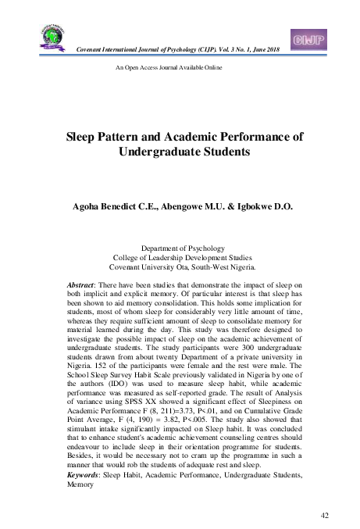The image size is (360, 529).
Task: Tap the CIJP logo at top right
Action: click(x=307, y=39)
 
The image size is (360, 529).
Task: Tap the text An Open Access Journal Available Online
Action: click(x=169, y=68)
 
